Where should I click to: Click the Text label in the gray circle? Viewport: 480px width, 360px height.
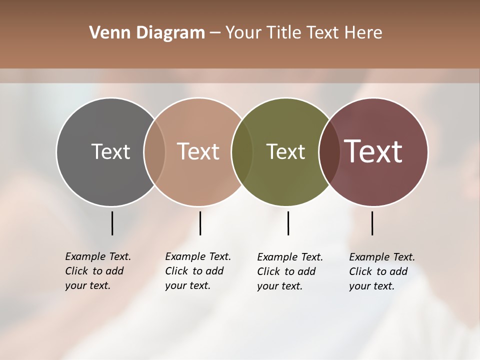110,151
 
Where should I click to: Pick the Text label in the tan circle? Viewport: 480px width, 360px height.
198,151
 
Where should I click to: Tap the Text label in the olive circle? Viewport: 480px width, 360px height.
285,151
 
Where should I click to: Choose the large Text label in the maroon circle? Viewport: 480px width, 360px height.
373,151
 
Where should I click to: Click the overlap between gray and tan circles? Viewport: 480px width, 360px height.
154,151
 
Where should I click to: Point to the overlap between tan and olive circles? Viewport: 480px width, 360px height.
242,151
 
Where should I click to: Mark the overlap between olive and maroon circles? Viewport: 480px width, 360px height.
329,151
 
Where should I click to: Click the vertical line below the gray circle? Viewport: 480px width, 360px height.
112,223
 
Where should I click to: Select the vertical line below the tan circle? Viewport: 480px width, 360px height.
200,223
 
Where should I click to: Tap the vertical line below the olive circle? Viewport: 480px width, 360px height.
288,223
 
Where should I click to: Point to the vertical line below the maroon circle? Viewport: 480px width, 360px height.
372,223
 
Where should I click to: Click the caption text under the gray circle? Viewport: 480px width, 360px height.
98,271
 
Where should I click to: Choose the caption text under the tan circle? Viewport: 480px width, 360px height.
198,271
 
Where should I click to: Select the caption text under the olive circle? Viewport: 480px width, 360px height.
290,271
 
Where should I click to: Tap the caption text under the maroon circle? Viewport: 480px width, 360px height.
382,271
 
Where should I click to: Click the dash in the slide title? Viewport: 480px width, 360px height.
215,33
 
